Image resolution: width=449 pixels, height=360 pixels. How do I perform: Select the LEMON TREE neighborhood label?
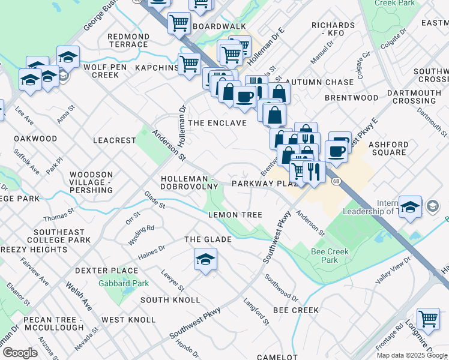click(235, 215)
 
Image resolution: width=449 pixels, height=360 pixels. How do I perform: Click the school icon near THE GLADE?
click(205, 260)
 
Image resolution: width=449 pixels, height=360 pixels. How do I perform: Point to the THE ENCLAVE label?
click(217, 123)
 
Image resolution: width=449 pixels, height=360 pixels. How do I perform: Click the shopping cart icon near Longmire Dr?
click(428, 319)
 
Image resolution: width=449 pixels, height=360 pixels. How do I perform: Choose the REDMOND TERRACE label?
click(128, 41)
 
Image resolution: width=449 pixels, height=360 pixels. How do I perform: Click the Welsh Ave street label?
click(79, 296)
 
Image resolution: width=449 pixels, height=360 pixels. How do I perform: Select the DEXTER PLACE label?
click(98, 271)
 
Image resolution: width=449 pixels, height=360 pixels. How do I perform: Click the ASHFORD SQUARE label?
click(388, 148)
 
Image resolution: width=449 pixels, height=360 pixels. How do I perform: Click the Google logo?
click(20, 353)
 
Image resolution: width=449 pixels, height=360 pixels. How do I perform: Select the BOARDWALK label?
click(220, 27)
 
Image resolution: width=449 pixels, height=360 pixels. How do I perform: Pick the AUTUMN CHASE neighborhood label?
click(320, 82)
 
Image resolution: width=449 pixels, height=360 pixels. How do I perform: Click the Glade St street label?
click(155, 200)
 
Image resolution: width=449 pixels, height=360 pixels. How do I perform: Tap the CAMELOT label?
click(277, 357)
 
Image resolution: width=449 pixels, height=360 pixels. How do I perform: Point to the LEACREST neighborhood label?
click(115, 140)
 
